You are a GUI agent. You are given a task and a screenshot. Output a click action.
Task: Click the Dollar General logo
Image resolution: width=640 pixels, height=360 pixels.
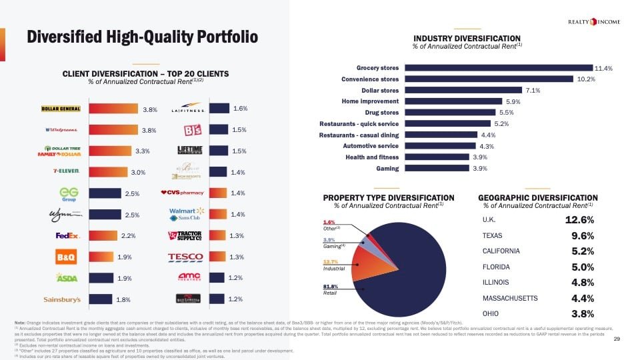61,109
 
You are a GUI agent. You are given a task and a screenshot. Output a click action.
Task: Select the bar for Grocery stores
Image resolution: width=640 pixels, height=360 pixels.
499,67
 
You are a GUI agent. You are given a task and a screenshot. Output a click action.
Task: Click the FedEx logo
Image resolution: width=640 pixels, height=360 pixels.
67,235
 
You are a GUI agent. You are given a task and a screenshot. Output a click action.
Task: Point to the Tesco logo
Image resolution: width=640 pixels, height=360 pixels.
185,257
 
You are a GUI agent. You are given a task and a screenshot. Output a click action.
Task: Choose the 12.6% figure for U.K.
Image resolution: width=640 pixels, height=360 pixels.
579,219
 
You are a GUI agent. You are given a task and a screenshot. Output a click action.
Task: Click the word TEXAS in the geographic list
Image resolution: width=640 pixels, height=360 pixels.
492,235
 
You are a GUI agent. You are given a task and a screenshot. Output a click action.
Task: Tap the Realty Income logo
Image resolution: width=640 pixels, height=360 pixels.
593,22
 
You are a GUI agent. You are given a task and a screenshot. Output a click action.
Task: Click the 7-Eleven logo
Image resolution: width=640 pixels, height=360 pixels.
66,171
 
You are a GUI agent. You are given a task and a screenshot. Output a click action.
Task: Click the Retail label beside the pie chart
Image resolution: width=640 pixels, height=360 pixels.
329,293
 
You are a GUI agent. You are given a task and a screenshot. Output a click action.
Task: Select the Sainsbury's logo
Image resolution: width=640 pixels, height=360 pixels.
61,299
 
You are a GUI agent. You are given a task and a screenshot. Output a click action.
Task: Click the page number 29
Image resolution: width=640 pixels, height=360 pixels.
617,339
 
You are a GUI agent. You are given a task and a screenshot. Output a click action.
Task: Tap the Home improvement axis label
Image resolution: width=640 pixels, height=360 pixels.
370,101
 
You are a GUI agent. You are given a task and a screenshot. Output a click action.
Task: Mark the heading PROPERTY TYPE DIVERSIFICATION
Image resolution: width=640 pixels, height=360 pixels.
388,197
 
